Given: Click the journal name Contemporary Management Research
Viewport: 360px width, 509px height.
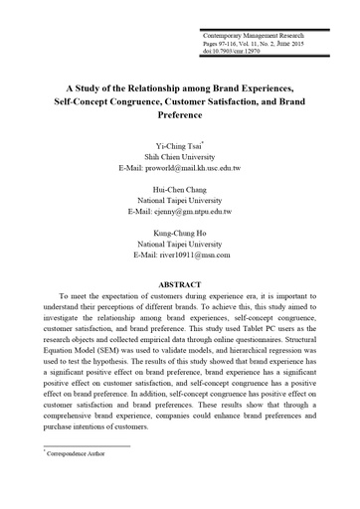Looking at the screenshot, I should coord(251,35).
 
